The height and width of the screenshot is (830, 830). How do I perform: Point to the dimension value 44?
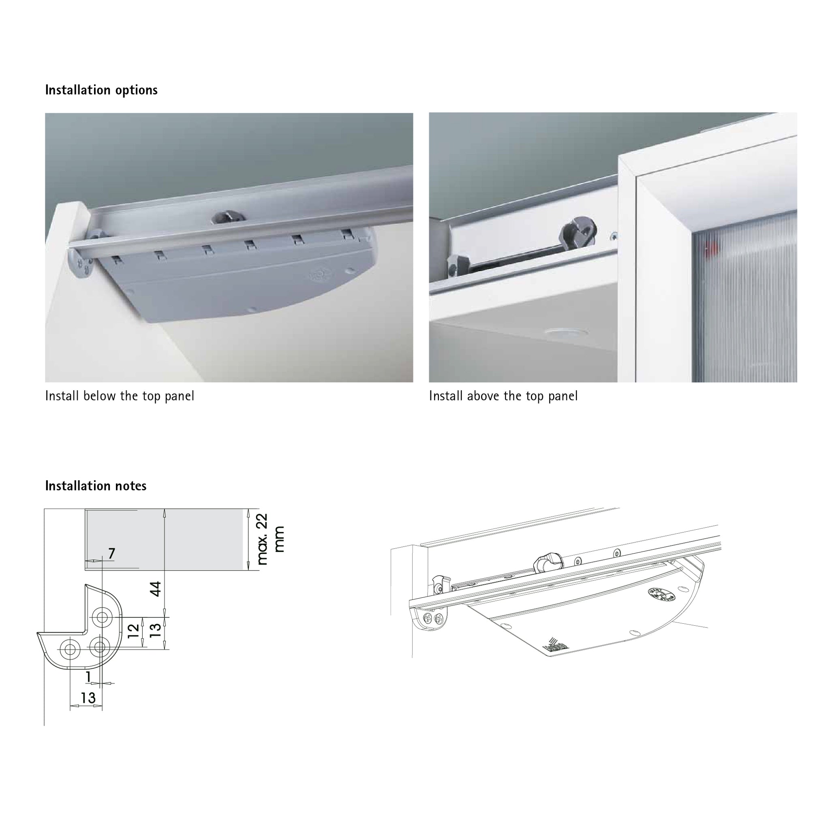click(156, 588)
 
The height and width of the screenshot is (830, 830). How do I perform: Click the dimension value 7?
click(112, 553)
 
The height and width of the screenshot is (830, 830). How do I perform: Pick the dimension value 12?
click(134, 630)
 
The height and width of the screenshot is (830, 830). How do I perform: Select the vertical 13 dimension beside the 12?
click(156, 630)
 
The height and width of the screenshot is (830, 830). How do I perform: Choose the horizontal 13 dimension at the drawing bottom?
click(88, 698)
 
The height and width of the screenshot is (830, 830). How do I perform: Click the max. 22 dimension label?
click(262, 539)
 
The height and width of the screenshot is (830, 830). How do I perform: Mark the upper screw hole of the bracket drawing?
click(102, 617)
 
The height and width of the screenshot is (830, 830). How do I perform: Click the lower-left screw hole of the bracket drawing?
click(70, 650)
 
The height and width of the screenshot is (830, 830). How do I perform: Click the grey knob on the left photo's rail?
click(228, 216)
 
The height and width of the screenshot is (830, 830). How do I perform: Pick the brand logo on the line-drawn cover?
click(556, 645)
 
